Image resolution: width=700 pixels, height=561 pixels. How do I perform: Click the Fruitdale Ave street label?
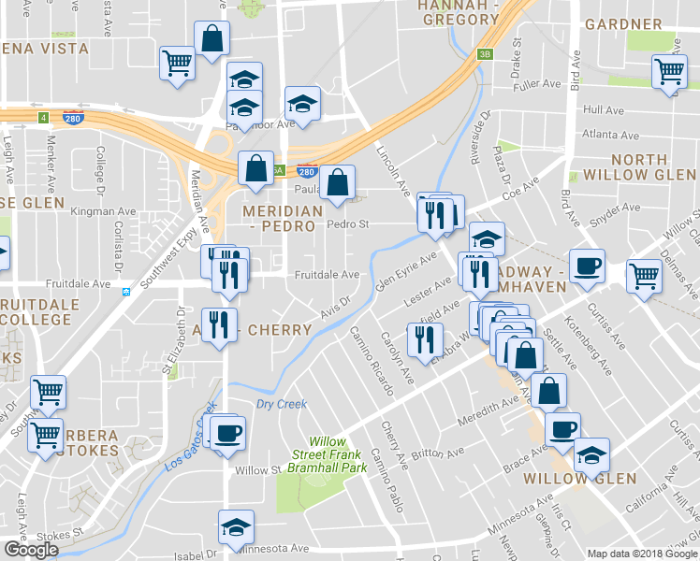tap(327, 275)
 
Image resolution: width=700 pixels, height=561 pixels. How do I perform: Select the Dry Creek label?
tap(281, 404)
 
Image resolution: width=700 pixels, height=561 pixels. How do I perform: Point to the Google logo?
tap(31, 550)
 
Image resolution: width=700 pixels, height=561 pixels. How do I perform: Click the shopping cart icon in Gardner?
tap(669, 72)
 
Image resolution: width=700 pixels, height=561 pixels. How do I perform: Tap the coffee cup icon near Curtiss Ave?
tap(587, 265)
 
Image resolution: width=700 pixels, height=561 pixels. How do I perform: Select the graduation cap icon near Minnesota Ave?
tap(236, 526)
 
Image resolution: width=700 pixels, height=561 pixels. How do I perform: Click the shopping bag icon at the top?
tap(212, 38)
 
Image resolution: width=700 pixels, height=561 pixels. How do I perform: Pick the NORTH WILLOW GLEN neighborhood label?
tap(639, 167)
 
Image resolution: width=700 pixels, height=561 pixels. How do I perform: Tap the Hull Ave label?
tap(603, 110)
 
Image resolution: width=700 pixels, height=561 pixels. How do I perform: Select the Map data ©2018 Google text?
tap(641, 554)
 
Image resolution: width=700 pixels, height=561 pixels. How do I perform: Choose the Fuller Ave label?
tap(536, 84)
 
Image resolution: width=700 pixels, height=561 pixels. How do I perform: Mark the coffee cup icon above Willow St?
tap(228, 432)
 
